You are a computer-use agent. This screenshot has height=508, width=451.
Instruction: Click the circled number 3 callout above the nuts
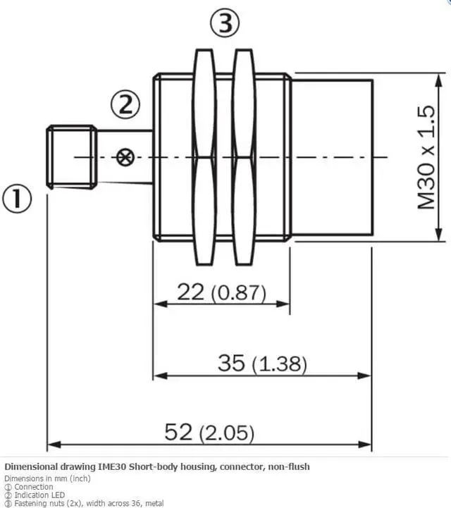(x=225, y=23)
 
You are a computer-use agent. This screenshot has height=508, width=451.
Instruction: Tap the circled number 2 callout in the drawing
(x=125, y=104)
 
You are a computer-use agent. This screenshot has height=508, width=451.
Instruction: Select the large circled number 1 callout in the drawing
(x=17, y=198)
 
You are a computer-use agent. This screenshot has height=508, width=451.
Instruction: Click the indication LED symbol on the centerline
(x=125, y=157)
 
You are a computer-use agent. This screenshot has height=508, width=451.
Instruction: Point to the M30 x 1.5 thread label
(x=426, y=157)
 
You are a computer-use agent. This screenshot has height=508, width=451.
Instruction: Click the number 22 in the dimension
(x=190, y=291)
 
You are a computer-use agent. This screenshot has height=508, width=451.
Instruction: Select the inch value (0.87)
(x=238, y=293)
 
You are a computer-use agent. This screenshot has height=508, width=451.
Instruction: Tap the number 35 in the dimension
(x=231, y=363)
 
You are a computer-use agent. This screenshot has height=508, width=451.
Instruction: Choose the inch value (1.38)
(x=279, y=364)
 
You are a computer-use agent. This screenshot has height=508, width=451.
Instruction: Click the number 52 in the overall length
(x=178, y=432)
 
